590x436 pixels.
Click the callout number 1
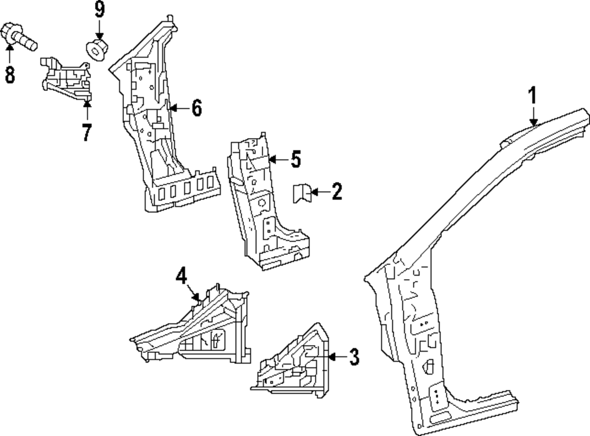[532, 95]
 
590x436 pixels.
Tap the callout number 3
[353, 356]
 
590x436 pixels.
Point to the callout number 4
[181, 276]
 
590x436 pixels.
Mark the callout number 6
[196, 108]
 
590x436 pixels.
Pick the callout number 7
[87, 133]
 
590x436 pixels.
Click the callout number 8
[10, 74]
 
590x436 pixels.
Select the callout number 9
[99, 10]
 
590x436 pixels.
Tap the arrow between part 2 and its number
[317, 192]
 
